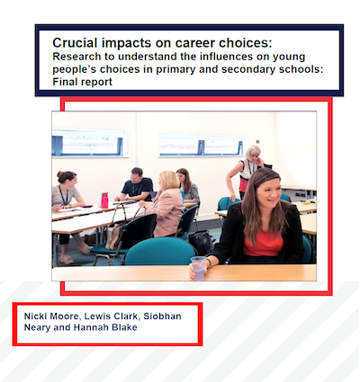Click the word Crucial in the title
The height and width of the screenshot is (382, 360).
pyautogui.click(x=75, y=43)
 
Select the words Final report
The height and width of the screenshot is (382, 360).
pyautogui.click(x=83, y=82)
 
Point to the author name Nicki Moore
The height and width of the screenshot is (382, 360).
pyautogui.click(x=52, y=316)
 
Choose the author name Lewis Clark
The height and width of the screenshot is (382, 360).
pyautogui.click(x=111, y=316)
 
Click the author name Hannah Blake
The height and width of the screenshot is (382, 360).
pyautogui.click(x=105, y=327)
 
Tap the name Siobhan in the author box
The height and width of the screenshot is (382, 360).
pyautogui.click(x=162, y=316)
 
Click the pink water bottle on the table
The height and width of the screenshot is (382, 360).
pyautogui.click(x=104, y=200)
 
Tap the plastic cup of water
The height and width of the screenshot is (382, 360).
pyautogui.click(x=198, y=268)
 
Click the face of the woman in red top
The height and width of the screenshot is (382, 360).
pyautogui.click(x=269, y=191)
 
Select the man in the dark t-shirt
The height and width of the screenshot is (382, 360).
pyautogui.click(x=136, y=185)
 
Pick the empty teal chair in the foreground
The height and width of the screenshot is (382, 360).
pyautogui.click(x=160, y=251)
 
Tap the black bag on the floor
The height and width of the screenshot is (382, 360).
pyautogui.click(x=200, y=242)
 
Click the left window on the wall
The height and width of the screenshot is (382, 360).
pyautogui.click(x=89, y=144)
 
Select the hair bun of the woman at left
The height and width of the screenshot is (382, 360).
pyautogui.click(x=61, y=173)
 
